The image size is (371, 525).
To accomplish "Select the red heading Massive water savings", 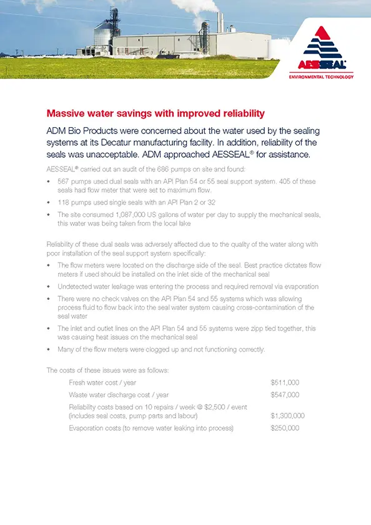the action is [147, 113].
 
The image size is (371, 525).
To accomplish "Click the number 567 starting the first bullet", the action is [64, 181].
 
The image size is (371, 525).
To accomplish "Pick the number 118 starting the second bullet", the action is [64, 202].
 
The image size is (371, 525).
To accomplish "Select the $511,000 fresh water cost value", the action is [285, 382].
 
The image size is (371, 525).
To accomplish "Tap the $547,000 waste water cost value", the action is [285, 395].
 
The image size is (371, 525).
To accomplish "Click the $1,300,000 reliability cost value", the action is [287, 415].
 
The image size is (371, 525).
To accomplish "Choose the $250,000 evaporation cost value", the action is [285, 428].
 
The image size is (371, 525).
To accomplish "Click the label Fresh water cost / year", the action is [102, 382].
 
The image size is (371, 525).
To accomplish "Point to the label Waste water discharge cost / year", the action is [119, 395].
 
